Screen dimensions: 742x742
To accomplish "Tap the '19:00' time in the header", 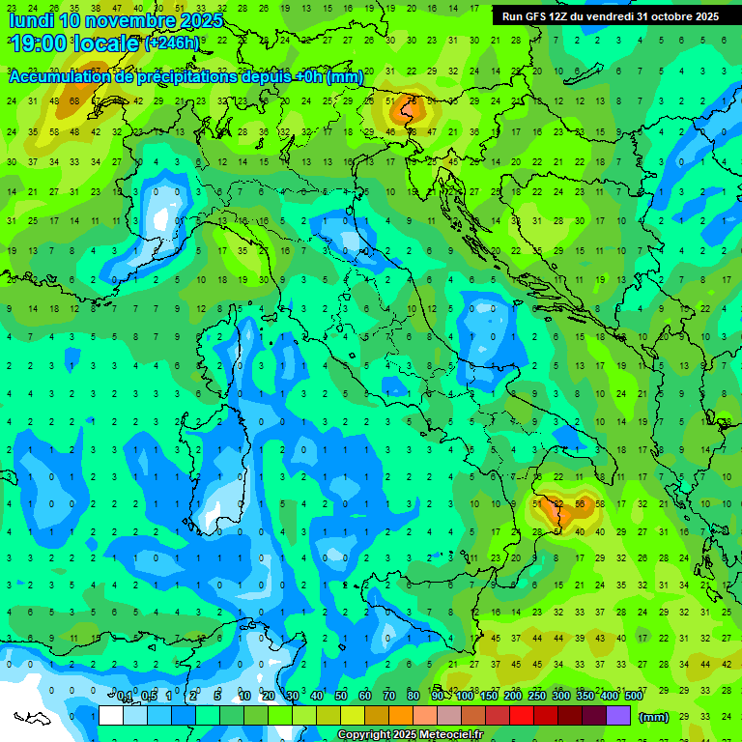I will pos(41,43).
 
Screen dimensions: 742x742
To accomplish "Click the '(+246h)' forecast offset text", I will pos(172,43).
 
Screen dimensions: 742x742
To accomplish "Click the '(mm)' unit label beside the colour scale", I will pos(654,716).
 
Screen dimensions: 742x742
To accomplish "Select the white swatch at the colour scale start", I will pos(110,716).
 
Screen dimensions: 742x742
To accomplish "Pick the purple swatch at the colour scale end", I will pos(618,716).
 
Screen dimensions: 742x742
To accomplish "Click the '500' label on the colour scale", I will pos(633,697).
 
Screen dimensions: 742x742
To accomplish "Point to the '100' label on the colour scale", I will pos(465,697).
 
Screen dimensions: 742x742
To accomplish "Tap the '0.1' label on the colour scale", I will pos(125,697).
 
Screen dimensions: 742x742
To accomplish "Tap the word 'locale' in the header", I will pos(108,43).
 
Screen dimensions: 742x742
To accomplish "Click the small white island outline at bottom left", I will pos(32,718).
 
